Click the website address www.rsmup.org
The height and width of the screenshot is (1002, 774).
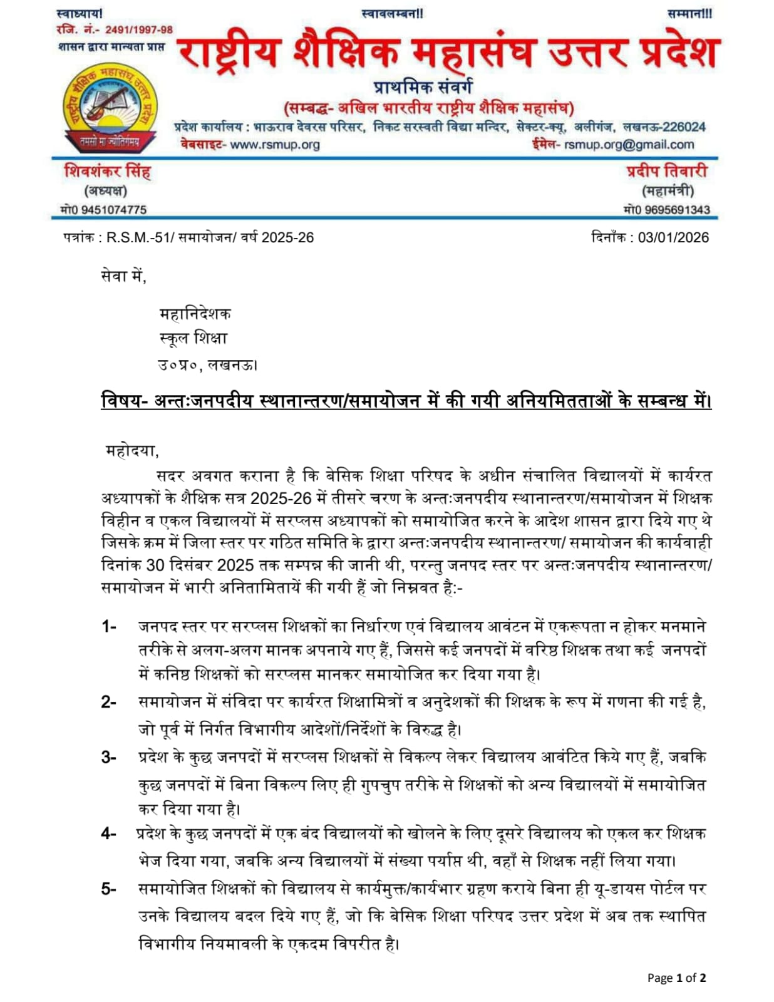click(x=275, y=145)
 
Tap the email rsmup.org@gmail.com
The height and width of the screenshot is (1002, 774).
click(x=629, y=145)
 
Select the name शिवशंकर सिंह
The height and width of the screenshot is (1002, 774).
click(x=107, y=172)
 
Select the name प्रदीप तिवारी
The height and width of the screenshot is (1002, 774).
click(x=667, y=171)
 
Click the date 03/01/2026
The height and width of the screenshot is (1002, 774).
click(x=673, y=238)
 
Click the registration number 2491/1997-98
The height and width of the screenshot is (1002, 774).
click(x=138, y=29)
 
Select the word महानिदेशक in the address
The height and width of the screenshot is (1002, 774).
click(x=195, y=313)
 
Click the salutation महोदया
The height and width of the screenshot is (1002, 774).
click(x=132, y=450)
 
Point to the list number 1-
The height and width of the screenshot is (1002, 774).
click(x=109, y=626)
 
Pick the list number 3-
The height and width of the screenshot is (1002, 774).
click(x=109, y=758)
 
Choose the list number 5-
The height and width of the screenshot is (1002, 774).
click(x=109, y=889)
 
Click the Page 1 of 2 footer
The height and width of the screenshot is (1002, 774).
click(x=676, y=978)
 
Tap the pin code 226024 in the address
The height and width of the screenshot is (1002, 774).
click(x=684, y=127)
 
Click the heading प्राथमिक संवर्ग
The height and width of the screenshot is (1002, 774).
click(x=423, y=87)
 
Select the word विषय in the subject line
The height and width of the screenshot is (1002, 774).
click(x=121, y=400)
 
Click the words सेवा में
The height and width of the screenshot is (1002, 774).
click(x=123, y=275)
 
